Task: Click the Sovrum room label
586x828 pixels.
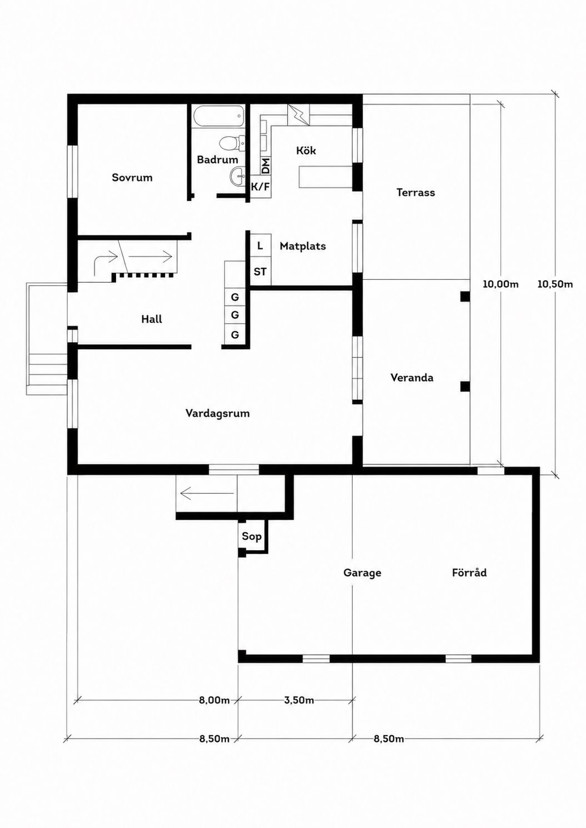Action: coord(132,178)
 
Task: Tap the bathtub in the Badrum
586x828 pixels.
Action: coord(218,117)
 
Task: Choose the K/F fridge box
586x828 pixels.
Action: coord(261,187)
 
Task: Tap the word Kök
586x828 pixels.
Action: coord(306,150)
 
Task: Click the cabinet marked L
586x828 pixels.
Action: coord(261,245)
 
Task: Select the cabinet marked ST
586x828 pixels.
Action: coord(261,272)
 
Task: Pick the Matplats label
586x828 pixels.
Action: coord(303,246)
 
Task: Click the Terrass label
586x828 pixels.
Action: coord(415,192)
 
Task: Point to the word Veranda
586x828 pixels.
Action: coord(412,378)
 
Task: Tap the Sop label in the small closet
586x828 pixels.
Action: coord(252,536)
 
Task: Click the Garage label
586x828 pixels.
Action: coord(362,573)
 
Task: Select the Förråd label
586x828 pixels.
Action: coord(469,573)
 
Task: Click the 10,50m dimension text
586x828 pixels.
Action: coord(555,284)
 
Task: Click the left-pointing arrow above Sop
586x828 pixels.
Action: coord(207,493)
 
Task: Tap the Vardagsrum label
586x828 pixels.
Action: coord(217,413)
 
